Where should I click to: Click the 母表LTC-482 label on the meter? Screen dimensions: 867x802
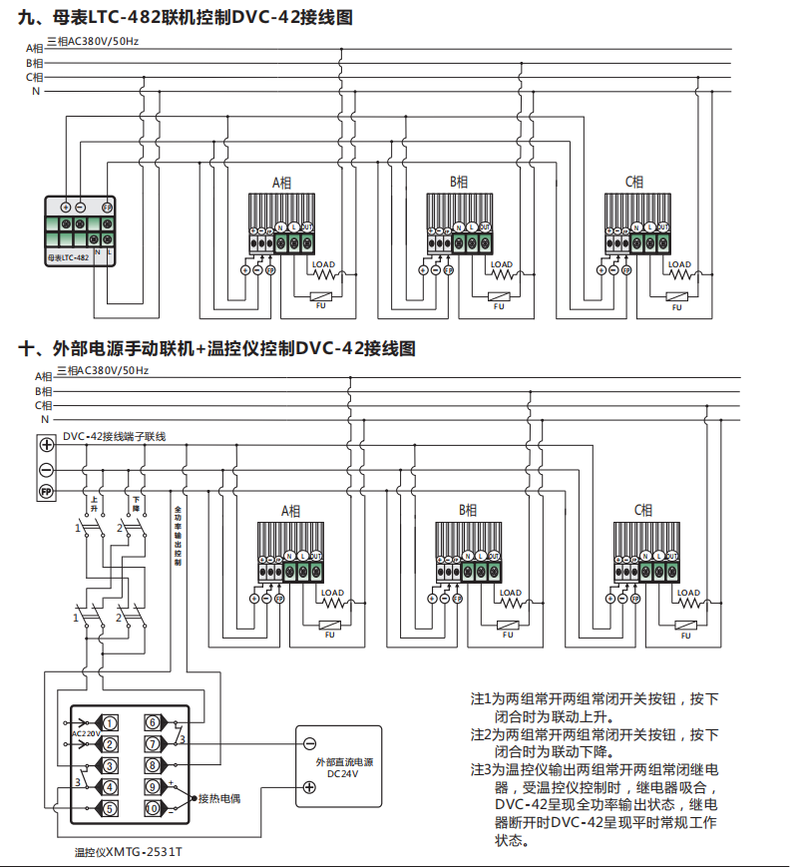point(68,257)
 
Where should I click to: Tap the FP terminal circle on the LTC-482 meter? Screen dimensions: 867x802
point(106,207)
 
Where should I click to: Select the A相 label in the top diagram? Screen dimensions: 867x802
point(282,183)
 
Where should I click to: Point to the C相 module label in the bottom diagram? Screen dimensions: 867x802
point(643,510)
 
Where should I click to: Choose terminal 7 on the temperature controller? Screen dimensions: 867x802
point(152,743)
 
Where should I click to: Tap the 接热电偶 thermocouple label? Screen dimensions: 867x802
point(219,798)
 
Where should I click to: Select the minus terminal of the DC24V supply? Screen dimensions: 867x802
point(309,743)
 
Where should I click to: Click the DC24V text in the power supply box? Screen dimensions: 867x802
point(342,774)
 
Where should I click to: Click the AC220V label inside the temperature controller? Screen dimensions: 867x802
point(86,733)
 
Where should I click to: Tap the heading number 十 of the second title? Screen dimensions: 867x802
point(28,348)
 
